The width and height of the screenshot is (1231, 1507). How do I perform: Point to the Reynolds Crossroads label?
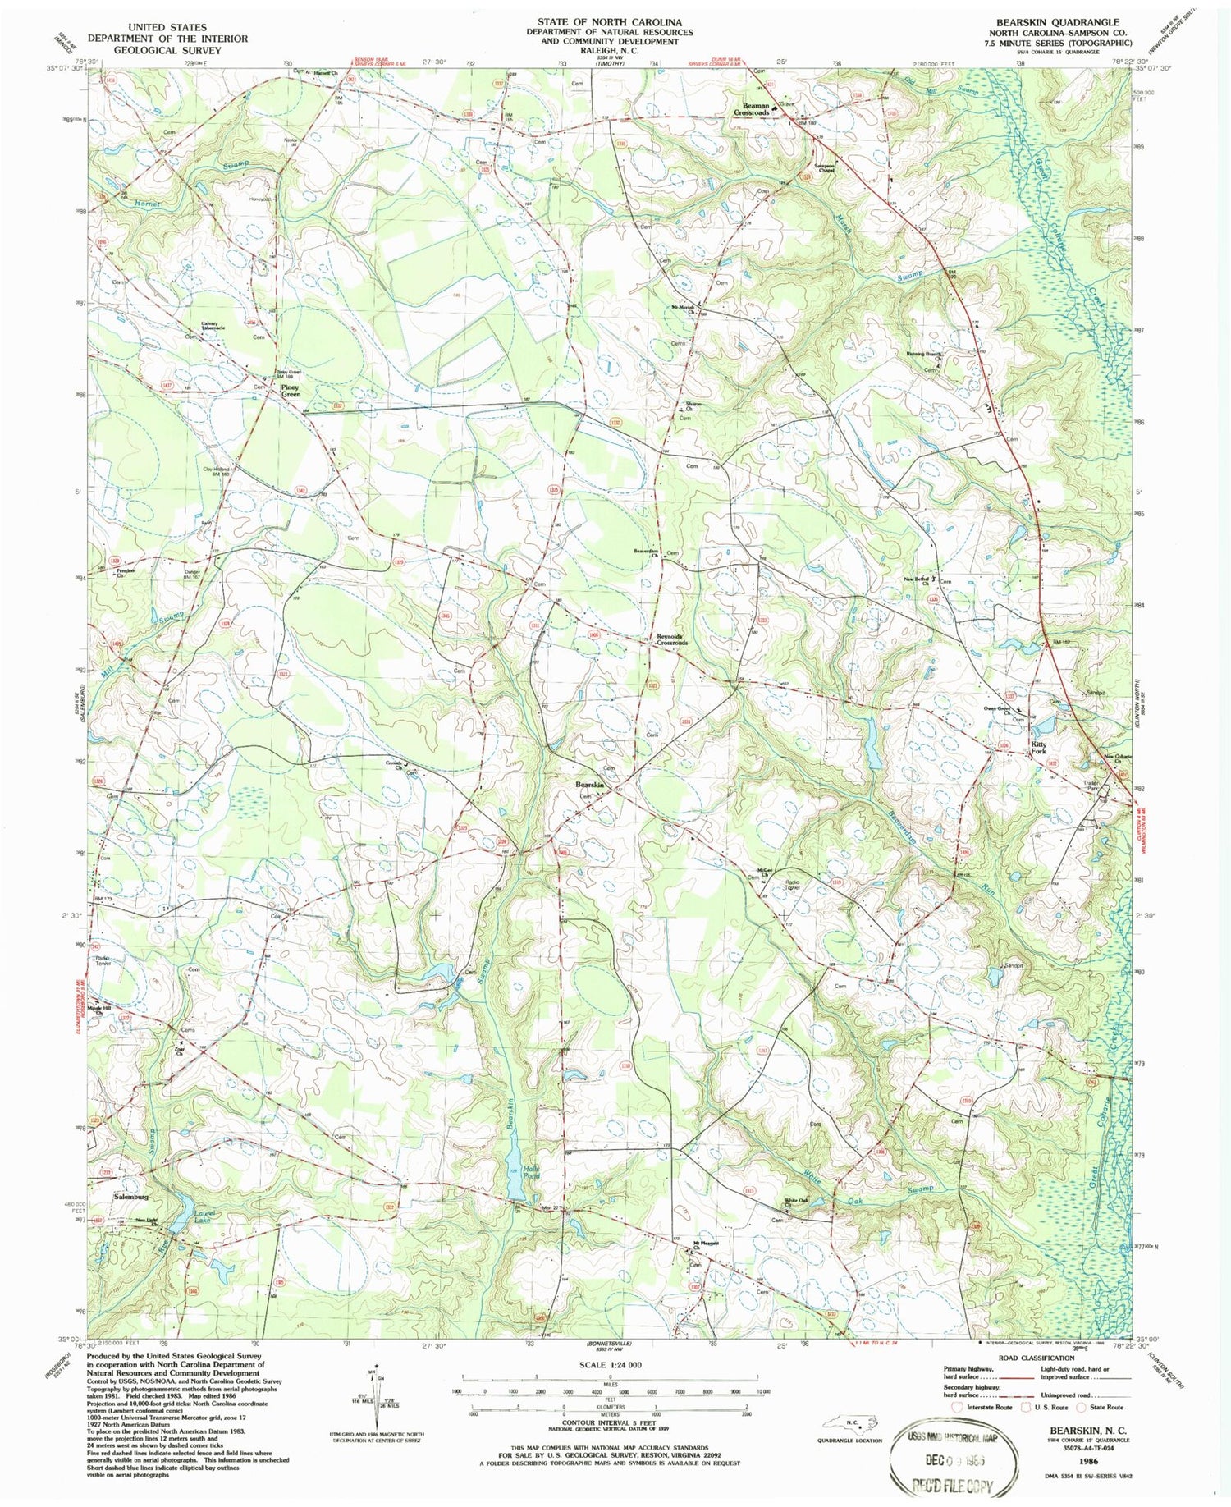point(671,639)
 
